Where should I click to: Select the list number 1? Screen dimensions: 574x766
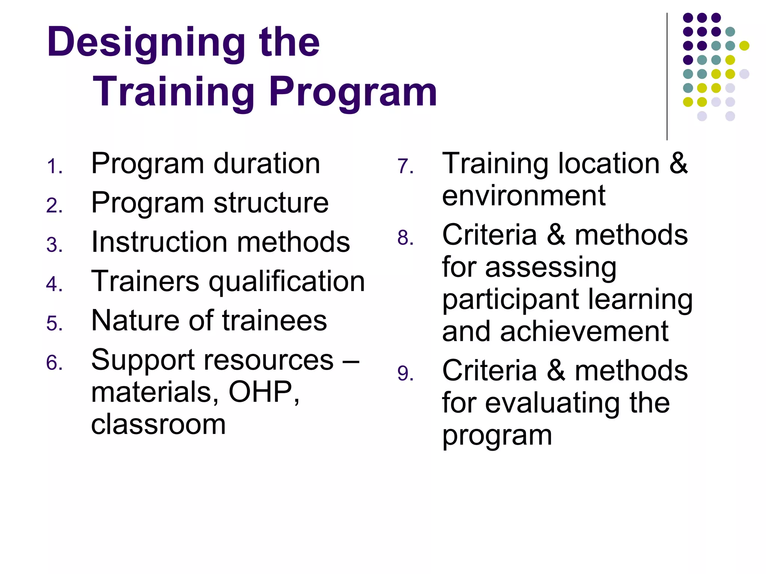(54, 167)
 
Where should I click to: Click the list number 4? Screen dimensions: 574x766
(54, 284)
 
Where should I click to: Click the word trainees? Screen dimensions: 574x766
(275, 321)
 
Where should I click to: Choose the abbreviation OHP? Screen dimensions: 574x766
(260, 392)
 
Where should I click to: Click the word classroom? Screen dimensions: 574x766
(159, 424)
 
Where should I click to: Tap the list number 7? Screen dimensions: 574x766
(405, 167)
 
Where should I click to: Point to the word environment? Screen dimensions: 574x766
(524, 196)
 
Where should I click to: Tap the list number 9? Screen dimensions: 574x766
(405, 374)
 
